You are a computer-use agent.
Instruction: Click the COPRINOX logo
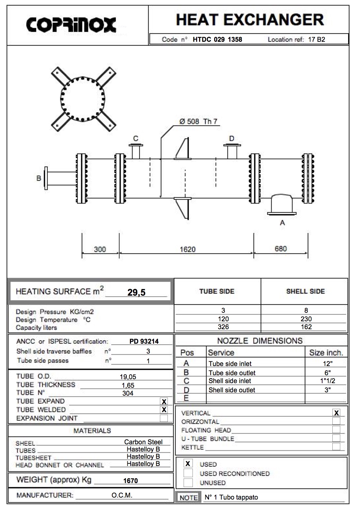[71, 25]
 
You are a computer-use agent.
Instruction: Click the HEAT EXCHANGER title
[250, 20]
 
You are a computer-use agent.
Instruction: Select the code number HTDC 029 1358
[217, 39]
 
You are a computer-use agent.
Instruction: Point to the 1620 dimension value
[188, 249]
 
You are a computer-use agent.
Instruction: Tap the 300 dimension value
[100, 249]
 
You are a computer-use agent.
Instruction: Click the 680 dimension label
[281, 249]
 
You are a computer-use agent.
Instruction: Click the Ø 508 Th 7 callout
[198, 121]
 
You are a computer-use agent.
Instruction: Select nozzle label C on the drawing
[136, 138]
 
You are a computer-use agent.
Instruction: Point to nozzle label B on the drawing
[39, 178]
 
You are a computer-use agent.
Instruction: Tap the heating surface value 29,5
[136, 292]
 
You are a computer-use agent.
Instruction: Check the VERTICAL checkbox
[336, 413]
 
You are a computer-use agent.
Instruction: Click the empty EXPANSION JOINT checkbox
[164, 418]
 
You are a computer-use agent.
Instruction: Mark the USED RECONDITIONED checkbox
[188, 473]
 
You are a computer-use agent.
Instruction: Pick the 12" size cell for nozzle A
[327, 364]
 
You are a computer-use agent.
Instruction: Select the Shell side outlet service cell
[232, 390]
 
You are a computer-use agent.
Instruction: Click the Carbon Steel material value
[143, 442]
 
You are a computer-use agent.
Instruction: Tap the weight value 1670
[130, 481]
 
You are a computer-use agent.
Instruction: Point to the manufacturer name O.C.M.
[122, 495]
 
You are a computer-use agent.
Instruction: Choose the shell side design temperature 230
[306, 319]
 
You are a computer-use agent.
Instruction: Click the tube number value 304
[128, 393]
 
